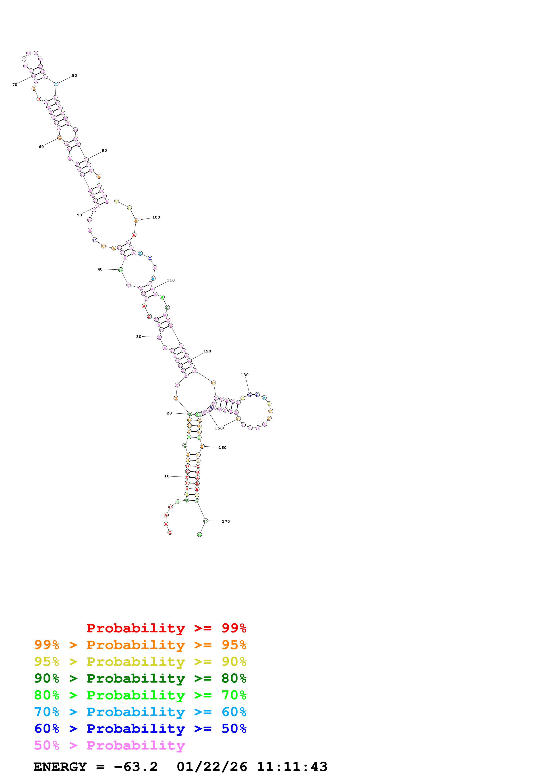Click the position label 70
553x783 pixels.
click(x=15, y=85)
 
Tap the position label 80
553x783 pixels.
click(x=74, y=75)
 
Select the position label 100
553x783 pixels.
click(x=156, y=217)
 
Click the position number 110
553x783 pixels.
click(x=171, y=280)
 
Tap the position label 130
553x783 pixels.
click(x=245, y=375)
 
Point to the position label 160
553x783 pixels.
click(x=222, y=448)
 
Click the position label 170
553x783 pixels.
click(x=226, y=521)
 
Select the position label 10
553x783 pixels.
click(x=167, y=476)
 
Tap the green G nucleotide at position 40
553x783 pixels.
click(x=120, y=270)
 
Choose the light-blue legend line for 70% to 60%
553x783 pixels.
click(x=140, y=712)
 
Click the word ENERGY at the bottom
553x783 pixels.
click(x=60, y=767)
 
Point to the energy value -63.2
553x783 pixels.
click(x=136, y=767)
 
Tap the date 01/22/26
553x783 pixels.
click(x=212, y=767)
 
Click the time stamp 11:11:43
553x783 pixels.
click(x=292, y=767)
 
